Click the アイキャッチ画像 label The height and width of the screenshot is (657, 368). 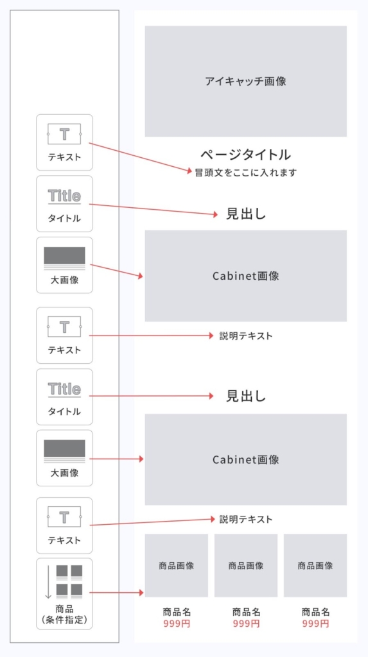click(245, 81)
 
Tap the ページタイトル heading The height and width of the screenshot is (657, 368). click(245, 155)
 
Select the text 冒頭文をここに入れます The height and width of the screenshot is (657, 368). click(245, 172)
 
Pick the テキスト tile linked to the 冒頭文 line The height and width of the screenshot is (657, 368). click(64, 142)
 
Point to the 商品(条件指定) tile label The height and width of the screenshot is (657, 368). click(64, 614)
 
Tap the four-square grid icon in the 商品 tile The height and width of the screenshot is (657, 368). click(69, 581)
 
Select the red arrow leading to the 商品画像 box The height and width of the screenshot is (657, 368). click(116, 592)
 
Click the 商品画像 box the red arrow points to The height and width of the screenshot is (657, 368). click(176, 565)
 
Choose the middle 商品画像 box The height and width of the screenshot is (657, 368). click(246, 565)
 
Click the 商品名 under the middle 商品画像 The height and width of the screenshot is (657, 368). click(246, 611)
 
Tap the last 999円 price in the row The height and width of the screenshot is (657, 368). click(315, 624)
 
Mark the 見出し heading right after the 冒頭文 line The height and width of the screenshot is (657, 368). click(246, 214)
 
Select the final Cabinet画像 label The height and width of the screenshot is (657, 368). click(245, 459)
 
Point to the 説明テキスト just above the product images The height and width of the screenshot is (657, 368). click(246, 520)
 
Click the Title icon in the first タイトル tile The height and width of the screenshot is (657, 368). click(64, 196)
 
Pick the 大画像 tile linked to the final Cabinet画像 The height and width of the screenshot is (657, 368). click(64, 458)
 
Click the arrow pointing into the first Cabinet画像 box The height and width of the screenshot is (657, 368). click(116, 270)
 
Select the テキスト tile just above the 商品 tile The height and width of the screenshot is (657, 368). click(64, 525)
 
